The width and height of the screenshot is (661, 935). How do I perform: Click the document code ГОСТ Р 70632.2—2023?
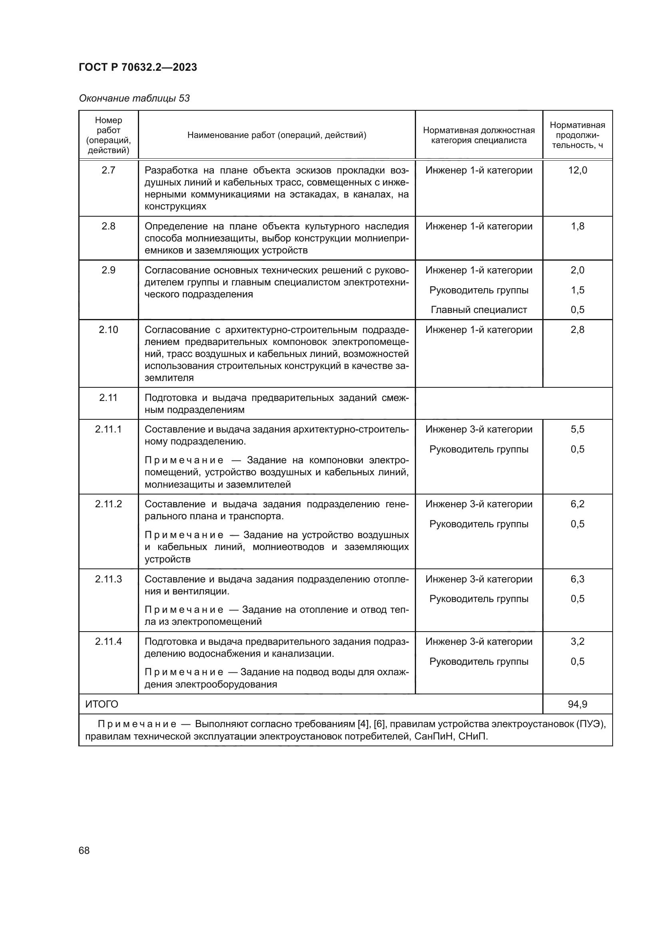[137, 67]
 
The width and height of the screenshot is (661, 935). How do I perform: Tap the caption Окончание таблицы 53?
[134, 98]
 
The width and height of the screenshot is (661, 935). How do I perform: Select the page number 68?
[84, 850]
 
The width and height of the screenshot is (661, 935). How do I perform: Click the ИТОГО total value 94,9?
[577, 704]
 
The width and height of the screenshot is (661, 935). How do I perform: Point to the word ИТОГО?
[102, 704]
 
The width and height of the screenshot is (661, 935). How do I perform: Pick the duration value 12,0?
[577, 170]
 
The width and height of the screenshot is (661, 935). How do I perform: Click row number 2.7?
[108, 170]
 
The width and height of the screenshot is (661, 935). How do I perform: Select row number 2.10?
[108, 329]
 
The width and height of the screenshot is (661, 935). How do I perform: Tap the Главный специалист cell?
[479, 310]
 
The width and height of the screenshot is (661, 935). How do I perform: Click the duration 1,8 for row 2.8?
[577, 226]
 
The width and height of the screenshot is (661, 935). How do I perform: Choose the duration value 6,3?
[577, 579]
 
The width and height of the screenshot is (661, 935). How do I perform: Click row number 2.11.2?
[108, 504]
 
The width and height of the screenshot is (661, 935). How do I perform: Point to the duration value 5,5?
[577, 429]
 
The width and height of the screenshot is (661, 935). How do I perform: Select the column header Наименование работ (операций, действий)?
[277, 135]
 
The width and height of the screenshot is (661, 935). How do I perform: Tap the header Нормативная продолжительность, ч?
[577, 135]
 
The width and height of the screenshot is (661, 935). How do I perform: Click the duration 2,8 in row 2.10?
[577, 329]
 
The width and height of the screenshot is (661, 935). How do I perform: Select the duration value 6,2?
[577, 504]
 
